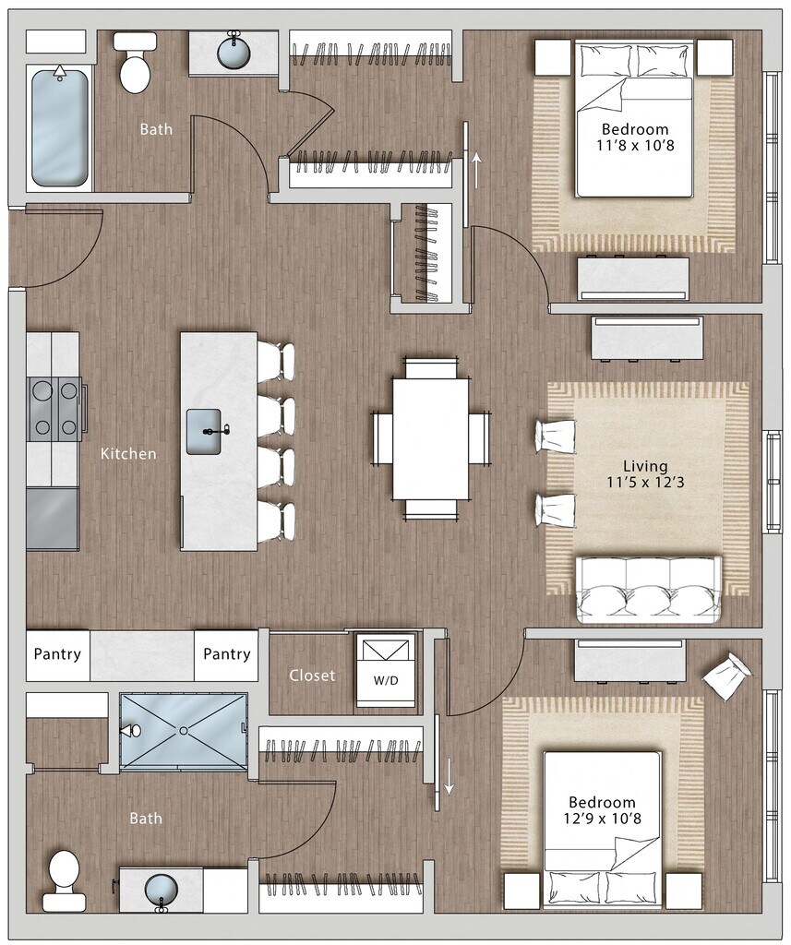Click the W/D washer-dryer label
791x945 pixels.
click(386, 681)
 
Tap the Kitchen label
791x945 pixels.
click(128, 453)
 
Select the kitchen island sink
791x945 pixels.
click(203, 432)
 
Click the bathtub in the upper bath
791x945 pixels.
click(60, 127)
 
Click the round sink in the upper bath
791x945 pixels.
click(234, 52)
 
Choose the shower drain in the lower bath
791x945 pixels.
click(184, 731)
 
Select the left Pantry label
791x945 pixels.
click(57, 654)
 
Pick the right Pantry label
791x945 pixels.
click(227, 654)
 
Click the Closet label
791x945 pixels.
click(312, 676)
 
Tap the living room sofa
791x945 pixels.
click(649, 590)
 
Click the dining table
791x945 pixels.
click(431, 438)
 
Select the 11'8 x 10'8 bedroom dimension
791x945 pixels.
click(636, 145)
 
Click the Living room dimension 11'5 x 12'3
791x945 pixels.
click(646, 482)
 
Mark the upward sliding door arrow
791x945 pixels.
click(476, 170)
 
